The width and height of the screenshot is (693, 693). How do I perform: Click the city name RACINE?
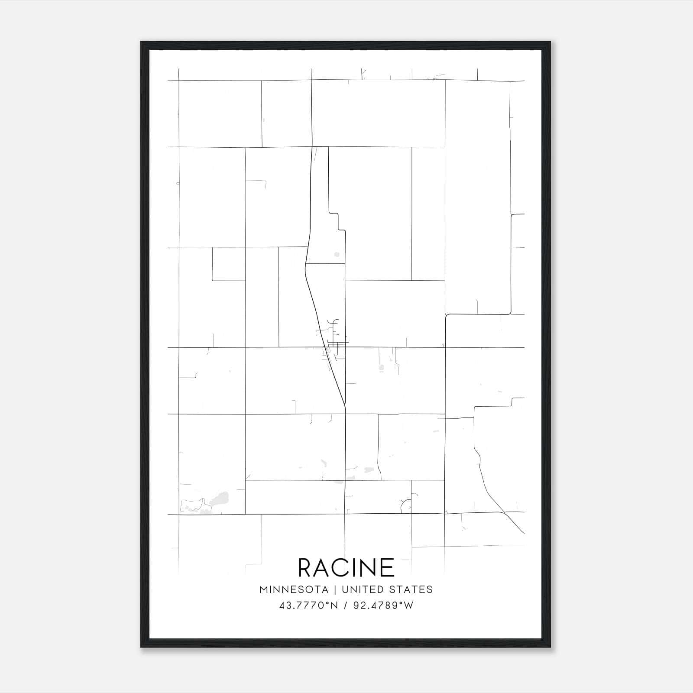(x=346, y=567)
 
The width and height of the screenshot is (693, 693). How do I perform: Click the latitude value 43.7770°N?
(x=308, y=606)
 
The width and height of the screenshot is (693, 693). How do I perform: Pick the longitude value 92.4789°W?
(x=383, y=606)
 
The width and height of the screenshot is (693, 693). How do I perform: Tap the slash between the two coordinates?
(x=345, y=606)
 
